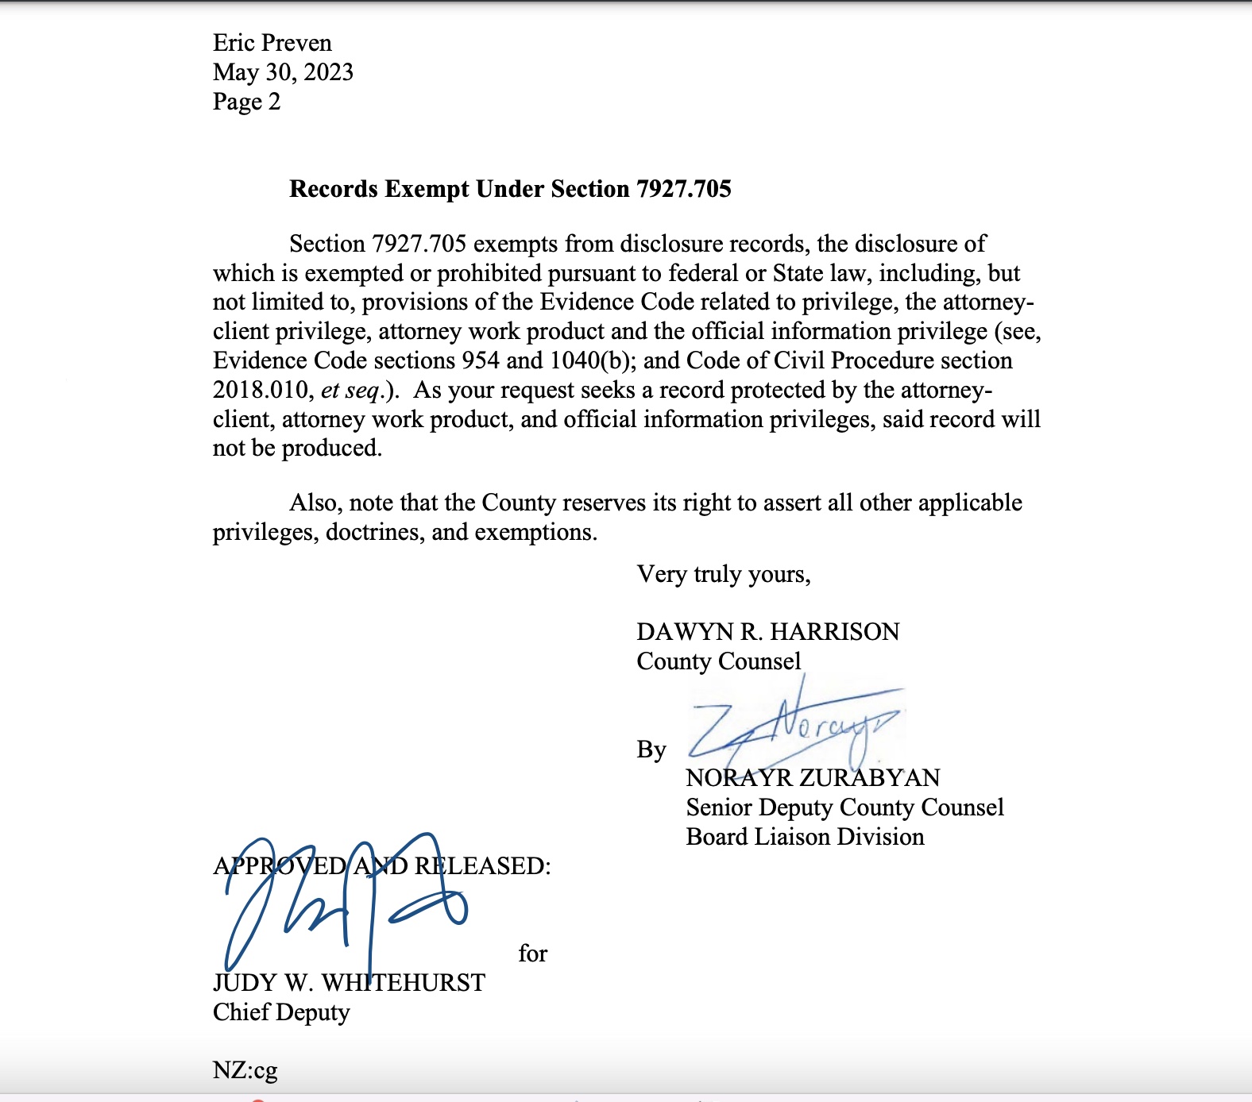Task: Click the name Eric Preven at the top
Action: point(272,43)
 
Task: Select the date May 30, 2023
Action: point(283,72)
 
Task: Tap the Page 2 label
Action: point(246,102)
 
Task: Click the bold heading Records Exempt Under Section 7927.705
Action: point(510,189)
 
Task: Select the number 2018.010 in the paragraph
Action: point(261,390)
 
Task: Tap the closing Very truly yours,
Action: point(723,574)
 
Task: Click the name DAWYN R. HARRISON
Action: point(767,632)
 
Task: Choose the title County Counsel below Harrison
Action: point(718,661)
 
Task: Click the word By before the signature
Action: point(651,749)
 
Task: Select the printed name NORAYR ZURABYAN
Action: point(813,778)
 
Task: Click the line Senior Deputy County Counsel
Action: point(844,807)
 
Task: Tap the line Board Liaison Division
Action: point(805,837)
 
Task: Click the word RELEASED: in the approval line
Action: point(482,865)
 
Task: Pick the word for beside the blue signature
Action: point(532,954)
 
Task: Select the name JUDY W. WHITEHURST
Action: point(349,983)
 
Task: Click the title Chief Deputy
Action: point(281,1012)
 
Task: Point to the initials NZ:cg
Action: point(245,1070)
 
